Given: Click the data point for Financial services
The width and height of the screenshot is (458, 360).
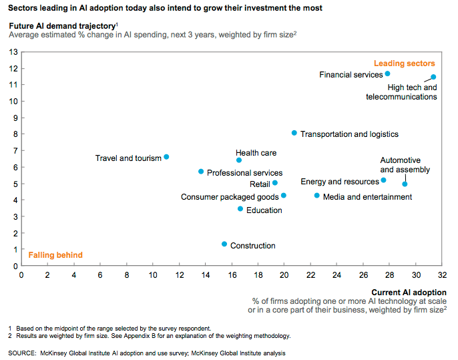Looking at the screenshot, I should [387, 73].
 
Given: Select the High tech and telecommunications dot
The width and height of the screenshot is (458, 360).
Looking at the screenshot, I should [433, 77].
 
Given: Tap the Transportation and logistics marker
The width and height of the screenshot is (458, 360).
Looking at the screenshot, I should [294, 133].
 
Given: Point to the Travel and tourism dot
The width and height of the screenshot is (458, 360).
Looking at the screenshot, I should [166, 157].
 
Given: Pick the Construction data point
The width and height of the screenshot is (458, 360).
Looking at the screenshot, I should [224, 244].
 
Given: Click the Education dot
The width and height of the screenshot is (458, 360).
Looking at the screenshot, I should [240, 209].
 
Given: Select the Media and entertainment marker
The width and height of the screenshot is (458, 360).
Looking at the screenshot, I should [317, 196].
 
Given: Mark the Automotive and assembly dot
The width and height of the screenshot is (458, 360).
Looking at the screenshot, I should [405, 184].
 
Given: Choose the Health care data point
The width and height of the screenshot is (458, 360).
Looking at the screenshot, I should [239, 160].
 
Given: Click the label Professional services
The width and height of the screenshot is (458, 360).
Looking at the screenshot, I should [244, 173].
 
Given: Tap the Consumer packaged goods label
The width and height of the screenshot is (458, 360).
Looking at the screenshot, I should [230, 197].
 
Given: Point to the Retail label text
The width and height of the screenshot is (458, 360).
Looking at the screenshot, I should [260, 184].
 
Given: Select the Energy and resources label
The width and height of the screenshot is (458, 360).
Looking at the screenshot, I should [340, 182].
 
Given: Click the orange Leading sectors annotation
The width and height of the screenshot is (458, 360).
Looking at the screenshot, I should [404, 63].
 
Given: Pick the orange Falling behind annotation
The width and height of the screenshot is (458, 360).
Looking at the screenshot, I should [55, 255].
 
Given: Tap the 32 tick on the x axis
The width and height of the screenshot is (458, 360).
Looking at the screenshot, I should [441, 275].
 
